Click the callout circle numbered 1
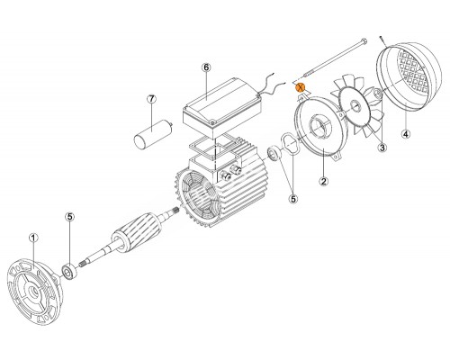33,238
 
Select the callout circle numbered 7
151,98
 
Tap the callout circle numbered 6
206,67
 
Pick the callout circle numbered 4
406,134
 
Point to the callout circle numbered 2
324,181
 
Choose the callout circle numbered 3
382,148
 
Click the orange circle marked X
300,87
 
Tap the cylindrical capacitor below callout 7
152,133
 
